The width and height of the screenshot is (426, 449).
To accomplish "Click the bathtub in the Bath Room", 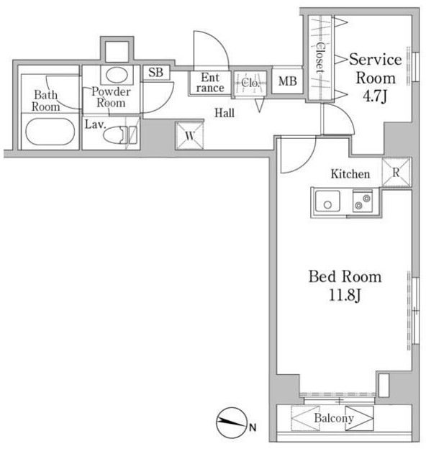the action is [x=50, y=132].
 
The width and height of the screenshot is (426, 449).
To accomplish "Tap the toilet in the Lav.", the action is [x=120, y=135].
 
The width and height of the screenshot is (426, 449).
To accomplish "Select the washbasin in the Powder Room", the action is [x=117, y=75].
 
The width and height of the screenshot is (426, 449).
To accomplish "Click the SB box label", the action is [x=156, y=73].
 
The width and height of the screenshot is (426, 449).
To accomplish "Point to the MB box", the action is [x=287, y=81].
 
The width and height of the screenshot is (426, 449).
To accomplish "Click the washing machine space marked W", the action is [x=189, y=136].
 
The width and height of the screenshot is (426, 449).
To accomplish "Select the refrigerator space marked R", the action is [x=396, y=173].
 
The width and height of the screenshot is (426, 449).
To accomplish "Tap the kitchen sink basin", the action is [x=328, y=201].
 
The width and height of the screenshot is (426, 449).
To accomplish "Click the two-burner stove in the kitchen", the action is [x=363, y=201].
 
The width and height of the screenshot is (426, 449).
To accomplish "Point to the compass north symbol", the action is [x=231, y=422].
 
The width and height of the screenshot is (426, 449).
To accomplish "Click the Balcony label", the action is [x=334, y=418].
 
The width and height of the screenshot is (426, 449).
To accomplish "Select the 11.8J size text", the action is [x=345, y=295].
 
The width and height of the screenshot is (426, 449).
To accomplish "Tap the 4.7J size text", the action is [x=375, y=96].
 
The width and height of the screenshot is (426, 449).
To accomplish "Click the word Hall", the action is [x=225, y=113].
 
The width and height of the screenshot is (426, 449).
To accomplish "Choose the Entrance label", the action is [x=210, y=83].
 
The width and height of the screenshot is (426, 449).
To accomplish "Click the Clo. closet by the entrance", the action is [x=250, y=83].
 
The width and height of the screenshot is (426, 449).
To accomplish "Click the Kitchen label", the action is [x=350, y=174].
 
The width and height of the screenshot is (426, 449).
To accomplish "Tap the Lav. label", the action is [x=96, y=124].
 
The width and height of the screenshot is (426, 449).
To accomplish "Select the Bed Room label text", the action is [x=345, y=276].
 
